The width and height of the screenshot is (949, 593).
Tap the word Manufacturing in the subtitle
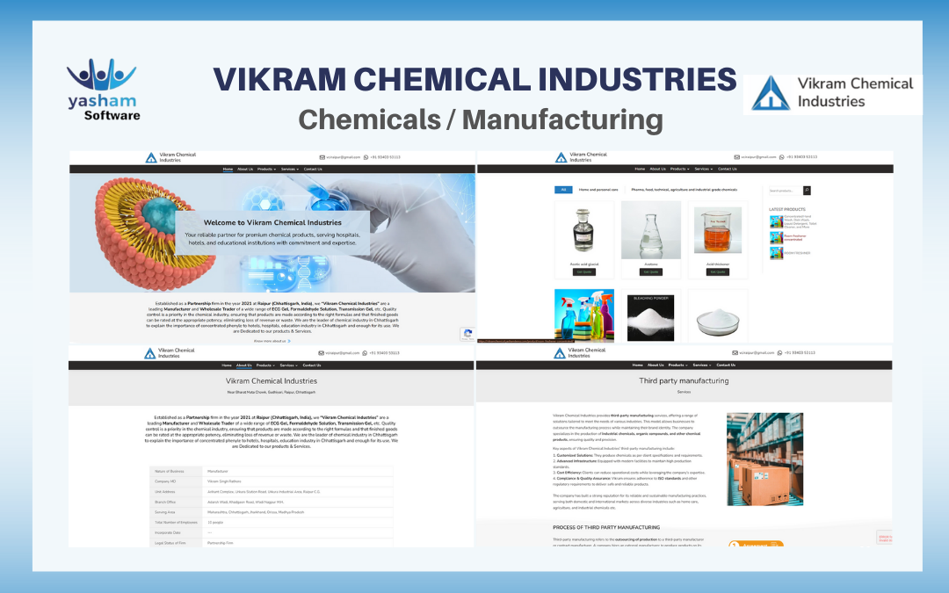562,118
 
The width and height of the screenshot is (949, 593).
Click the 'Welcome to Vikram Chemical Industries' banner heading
272,223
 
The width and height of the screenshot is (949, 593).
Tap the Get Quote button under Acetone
650,272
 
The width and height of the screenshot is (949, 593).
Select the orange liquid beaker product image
718,229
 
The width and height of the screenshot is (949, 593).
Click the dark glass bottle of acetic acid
583,229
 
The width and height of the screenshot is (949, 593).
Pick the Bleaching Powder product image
650,316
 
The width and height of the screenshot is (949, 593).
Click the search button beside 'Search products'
807,190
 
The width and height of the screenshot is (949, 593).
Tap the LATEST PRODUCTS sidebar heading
787,209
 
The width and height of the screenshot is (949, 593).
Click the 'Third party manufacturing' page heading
684,380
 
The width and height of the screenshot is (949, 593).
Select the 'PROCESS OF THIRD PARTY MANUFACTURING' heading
606,527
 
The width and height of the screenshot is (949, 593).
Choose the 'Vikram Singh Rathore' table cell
226,481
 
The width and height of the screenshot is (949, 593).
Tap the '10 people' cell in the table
216,522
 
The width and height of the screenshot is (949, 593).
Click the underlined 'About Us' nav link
243,365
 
